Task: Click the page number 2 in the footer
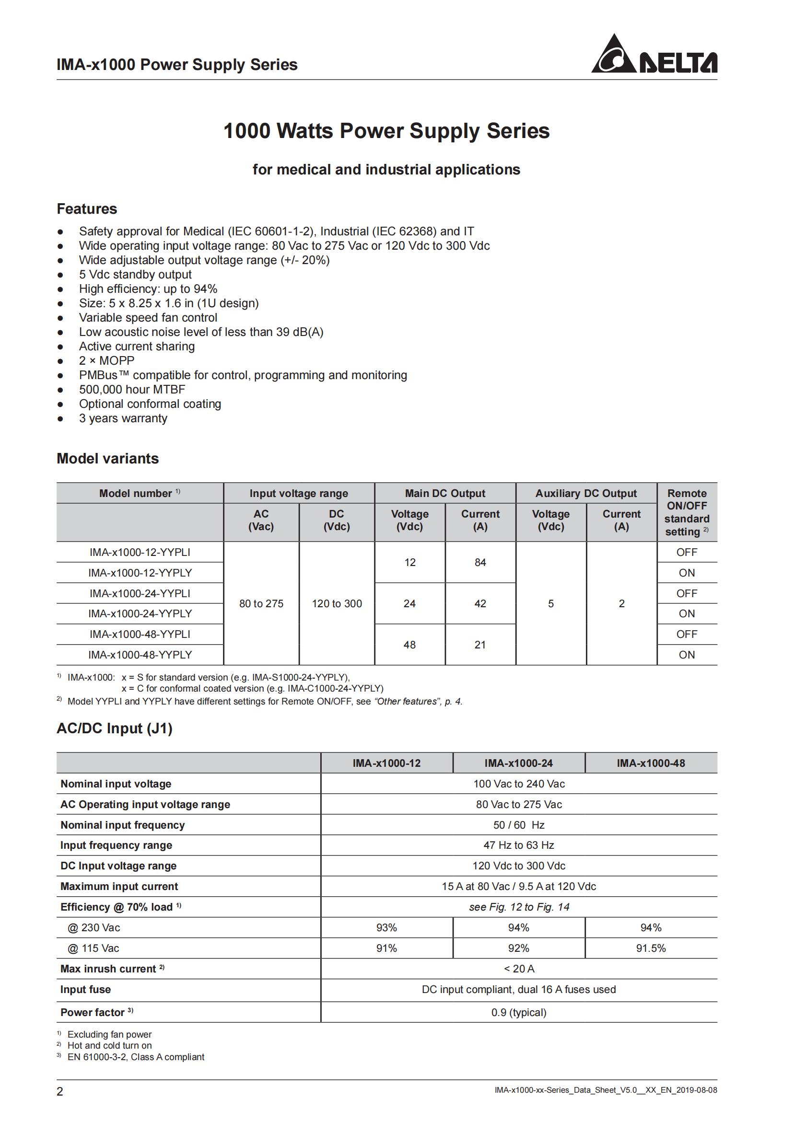pyautogui.click(x=60, y=1091)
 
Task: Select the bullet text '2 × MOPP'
pyautogui.click(x=106, y=361)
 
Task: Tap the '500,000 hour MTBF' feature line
pyautogui.click(x=132, y=390)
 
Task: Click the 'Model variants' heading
pyautogui.click(x=107, y=459)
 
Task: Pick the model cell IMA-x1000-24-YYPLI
pyautogui.click(x=140, y=593)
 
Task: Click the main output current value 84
pyautogui.click(x=480, y=563)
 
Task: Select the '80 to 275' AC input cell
pyautogui.click(x=261, y=603)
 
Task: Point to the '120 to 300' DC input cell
pyautogui.click(x=337, y=603)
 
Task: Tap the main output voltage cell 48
pyautogui.click(x=409, y=645)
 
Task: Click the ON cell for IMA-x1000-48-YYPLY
pyautogui.click(x=687, y=655)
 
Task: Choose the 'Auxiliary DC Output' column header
pyautogui.click(x=586, y=493)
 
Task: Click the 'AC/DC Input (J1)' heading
pyautogui.click(x=114, y=728)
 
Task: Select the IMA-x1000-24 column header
pyautogui.click(x=519, y=763)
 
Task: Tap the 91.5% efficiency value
pyautogui.click(x=651, y=948)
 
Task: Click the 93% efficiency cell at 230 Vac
pyautogui.click(x=386, y=928)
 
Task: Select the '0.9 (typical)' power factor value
pyautogui.click(x=519, y=1012)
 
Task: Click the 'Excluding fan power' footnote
pyautogui.click(x=109, y=1035)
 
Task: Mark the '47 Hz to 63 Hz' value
pyautogui.click(x=519, y=845)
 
